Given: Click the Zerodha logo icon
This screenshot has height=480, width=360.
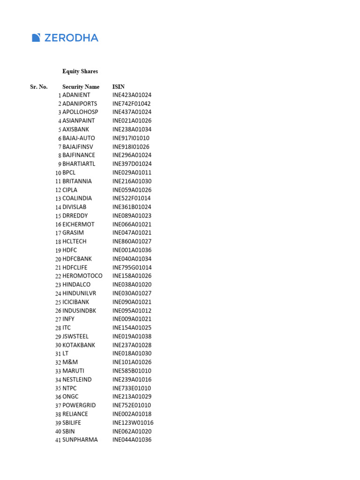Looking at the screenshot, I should [x=36, y=38].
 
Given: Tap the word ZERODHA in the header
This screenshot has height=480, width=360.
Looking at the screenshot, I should [x=71, y=38].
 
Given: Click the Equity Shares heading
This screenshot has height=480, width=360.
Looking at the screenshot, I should [x=80, y=71].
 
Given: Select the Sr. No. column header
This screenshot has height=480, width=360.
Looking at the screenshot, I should [x=39, y=87].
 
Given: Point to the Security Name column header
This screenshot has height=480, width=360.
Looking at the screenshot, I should [x=81, y=87].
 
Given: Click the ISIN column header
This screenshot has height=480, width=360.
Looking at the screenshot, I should [x=119, y=87].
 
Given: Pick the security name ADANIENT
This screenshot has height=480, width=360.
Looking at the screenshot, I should [x=76, y=95].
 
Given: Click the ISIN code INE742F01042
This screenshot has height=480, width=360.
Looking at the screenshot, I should [x=132, y=104].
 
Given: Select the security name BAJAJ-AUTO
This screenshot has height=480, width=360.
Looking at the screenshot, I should [x=79, y=138].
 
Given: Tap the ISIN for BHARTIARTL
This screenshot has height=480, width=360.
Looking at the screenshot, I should [x=132, y=164].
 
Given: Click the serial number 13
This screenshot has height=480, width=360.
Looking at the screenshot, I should [x=58, y=199].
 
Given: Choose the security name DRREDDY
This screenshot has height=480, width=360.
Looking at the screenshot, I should [x=75, y=216].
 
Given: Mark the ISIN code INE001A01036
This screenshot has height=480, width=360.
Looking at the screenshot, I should [x=132, y=250].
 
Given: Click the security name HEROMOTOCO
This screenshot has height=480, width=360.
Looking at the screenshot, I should [x=82, y=276].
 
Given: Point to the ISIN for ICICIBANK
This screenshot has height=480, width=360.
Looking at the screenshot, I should [x=132, y=302].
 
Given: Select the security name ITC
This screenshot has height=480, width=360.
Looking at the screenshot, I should [x=67, y=328].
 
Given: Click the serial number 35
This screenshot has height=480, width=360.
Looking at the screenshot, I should [x=58, y=389].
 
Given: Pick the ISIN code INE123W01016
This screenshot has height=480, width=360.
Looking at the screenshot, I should [x=133, y=423].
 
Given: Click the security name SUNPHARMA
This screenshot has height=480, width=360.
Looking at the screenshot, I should [x=80, y=440].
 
